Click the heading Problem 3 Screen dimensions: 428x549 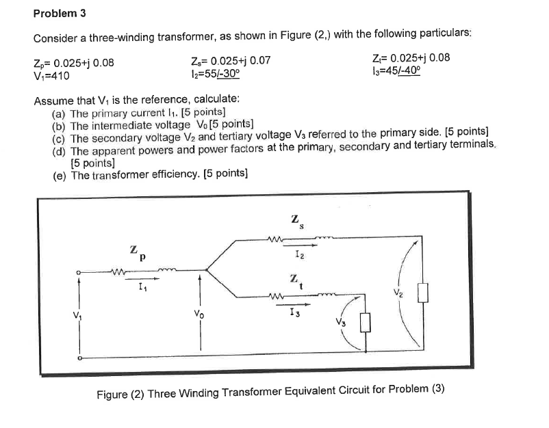(x=61, y=13)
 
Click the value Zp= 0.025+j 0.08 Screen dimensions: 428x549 (x=74, y=64)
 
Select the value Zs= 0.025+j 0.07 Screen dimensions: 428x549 (x=232, y=61)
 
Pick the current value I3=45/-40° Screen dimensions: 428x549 (x=396, y=70)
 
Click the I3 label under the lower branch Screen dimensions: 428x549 (x=294, y=312)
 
